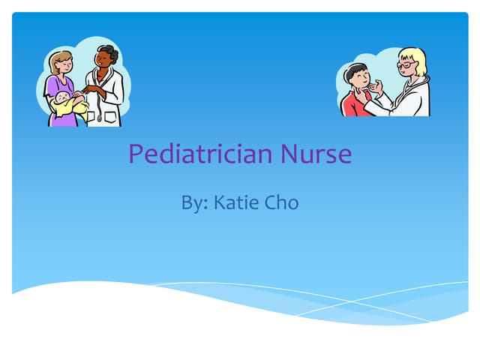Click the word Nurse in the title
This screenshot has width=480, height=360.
click(316, 155)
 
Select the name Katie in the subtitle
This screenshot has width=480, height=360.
click(235, 203)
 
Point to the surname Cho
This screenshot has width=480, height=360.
click(279, 203)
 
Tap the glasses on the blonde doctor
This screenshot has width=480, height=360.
click(406, 65)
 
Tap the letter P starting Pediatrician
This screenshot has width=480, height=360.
click(136, 155)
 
